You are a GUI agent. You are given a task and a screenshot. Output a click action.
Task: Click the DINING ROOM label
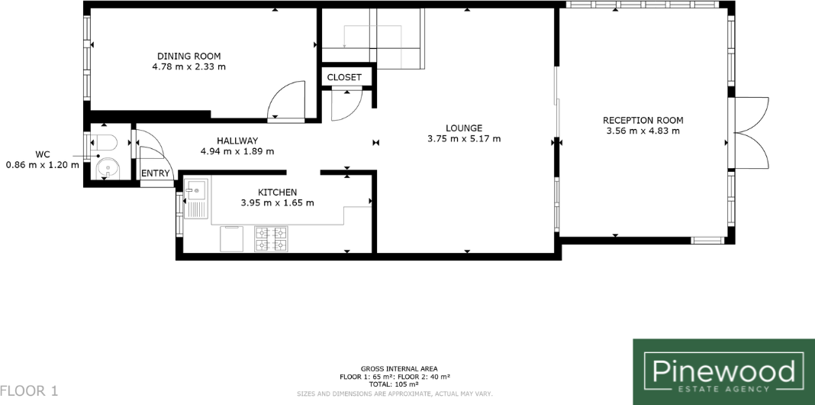tap(189, 56)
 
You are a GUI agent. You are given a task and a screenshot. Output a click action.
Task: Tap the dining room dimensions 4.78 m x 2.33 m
tap(189, 66)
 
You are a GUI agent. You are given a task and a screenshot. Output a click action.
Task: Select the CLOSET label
tap(344, 77)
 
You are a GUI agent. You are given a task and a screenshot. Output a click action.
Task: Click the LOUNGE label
tap(465, 128)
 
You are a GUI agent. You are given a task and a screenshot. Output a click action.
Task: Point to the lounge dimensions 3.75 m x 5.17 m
tap(465, 138)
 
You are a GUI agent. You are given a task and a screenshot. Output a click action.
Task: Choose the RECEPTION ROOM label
tap(643, 120)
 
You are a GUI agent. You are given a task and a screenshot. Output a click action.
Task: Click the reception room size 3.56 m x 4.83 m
tap(643, 131)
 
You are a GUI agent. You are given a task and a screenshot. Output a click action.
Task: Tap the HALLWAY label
tap(237, 141)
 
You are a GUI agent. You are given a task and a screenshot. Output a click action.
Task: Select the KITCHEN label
tap(277, 192)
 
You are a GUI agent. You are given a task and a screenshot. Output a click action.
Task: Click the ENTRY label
tap(155, 173)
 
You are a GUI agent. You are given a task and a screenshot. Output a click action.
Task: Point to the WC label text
tap(43, 154)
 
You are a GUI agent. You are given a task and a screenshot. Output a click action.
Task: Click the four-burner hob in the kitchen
tap(271, 238)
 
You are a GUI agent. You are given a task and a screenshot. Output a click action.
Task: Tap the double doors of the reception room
tap(749, 133)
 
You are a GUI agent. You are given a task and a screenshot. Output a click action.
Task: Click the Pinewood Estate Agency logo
tap(723, 371)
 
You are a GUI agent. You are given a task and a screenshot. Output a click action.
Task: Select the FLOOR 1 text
tap(29, 390)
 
